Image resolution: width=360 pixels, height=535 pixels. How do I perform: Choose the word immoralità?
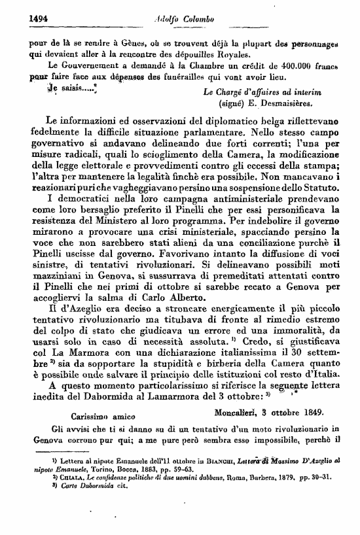281,322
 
